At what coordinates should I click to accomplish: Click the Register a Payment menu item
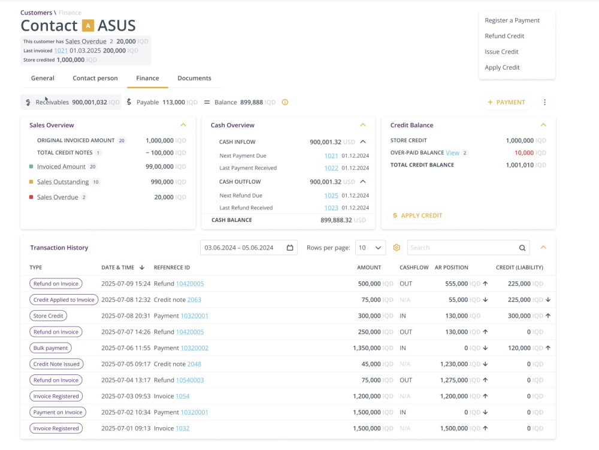[512, 20]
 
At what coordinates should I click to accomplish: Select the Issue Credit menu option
[501, 52]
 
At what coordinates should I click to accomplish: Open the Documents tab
[194, 78]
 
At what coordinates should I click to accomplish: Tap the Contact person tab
[95, 78]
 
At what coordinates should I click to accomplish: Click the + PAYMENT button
[507, 102]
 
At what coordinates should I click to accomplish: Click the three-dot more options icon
[544, 102]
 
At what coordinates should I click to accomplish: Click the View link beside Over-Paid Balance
[452, 152]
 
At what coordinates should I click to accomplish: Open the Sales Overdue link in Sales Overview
[58, 197]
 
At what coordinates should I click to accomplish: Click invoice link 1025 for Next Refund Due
[331, 196]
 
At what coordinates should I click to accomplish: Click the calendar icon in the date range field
[290, 248]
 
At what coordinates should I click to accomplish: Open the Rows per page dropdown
[370, 248]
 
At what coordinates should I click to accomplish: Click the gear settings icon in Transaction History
[397, 248]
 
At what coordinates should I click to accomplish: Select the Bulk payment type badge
[50, 348]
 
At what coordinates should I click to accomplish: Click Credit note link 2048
[194, 364]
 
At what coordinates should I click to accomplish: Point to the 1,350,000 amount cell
[367, 348]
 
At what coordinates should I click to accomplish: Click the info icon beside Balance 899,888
[285, 102]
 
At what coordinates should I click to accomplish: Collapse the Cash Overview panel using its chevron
[363, 125]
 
